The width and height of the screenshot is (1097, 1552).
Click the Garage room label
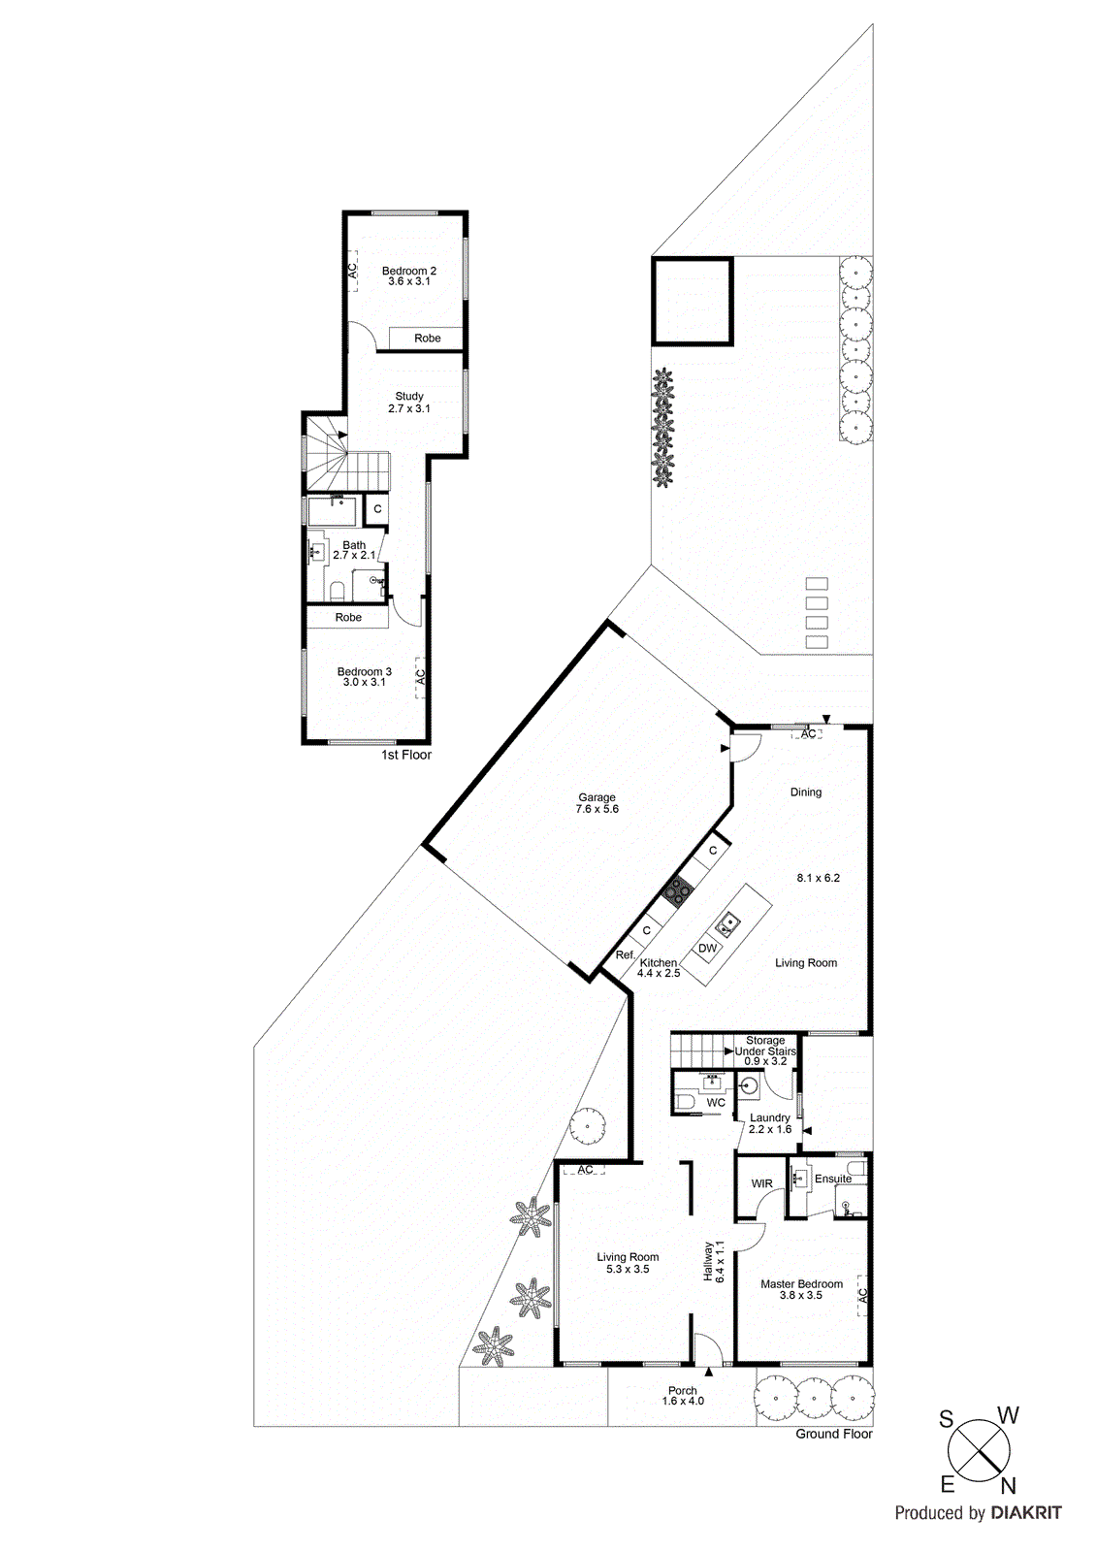click(597, 802)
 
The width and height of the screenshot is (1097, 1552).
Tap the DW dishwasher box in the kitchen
click(708, 949)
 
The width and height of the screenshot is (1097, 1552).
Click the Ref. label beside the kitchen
click(626, 955)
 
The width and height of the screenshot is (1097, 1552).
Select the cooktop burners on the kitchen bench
click(678, 890)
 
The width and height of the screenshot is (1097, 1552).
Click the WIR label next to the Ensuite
click(761, 1183)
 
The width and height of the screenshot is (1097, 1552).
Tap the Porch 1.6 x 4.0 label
click(683, 1396)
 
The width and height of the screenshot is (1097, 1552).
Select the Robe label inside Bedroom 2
click(427, 339)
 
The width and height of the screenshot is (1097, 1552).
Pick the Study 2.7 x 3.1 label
click(409, 403)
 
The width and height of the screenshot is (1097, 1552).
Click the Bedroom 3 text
click(364, 672)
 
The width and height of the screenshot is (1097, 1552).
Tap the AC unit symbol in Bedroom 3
click(421, 675)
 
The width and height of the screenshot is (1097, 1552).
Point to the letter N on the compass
click(1008, 1485)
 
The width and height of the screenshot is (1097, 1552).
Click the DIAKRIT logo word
click(1025, 1512)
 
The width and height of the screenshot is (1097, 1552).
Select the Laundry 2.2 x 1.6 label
click(770, 1123)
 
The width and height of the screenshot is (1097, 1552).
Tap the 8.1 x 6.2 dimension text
click(818, 878)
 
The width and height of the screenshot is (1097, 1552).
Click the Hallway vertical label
click(714, 1262)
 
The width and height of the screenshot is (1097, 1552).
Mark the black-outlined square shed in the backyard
click(693, 301)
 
